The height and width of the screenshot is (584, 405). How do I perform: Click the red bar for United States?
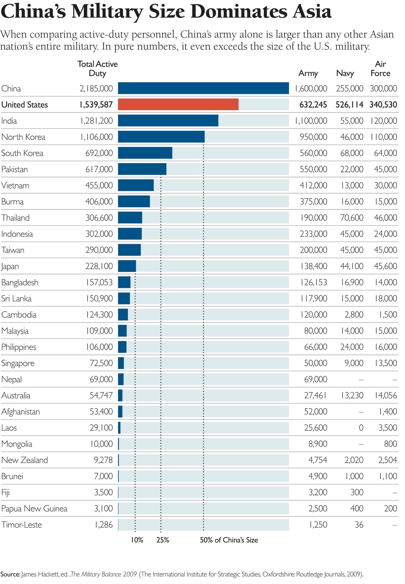point(178,105)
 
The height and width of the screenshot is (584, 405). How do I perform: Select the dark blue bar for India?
point(168,121)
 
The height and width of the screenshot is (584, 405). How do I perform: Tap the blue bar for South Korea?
point(145,153)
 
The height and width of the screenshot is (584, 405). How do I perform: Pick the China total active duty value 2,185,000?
point(96,88)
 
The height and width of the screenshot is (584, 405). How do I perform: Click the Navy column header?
point(345,73)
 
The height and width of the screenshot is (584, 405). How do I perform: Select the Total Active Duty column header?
point(98,68)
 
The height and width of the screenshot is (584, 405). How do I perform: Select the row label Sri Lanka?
point(16,298)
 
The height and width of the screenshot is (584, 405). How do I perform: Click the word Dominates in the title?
point(240,12)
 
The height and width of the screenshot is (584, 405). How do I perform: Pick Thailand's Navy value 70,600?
point(352,218)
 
